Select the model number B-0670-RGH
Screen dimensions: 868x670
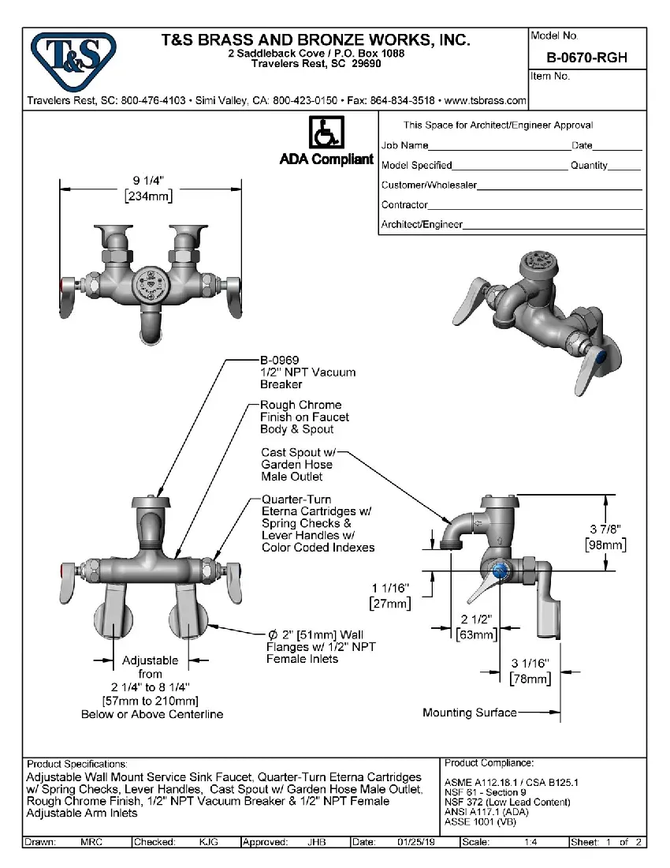[586, 58]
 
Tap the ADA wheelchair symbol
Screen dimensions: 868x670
[326, 133]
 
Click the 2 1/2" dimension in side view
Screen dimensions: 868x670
[477, 619]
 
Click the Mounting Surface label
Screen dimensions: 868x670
[469, 713]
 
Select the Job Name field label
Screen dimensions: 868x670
[405, 145]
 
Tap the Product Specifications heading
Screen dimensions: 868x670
[76, 764]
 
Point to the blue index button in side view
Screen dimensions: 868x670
[497, 571]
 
